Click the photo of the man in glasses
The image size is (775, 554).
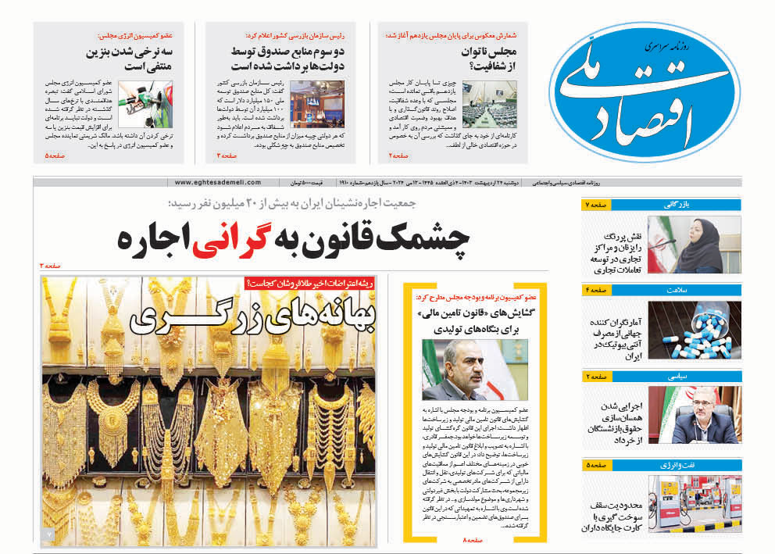(475, 369)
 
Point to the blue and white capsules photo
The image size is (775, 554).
(695, 331)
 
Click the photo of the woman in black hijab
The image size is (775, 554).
(695, 245)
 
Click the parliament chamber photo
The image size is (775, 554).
(489, 103)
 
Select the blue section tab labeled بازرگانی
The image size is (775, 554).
(678, 205)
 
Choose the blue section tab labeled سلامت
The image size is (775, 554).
(678, 291)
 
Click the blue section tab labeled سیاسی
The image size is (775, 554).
(678, 377)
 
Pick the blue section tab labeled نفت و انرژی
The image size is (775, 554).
(678, 466)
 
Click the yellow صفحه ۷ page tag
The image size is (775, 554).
(595, 205)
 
